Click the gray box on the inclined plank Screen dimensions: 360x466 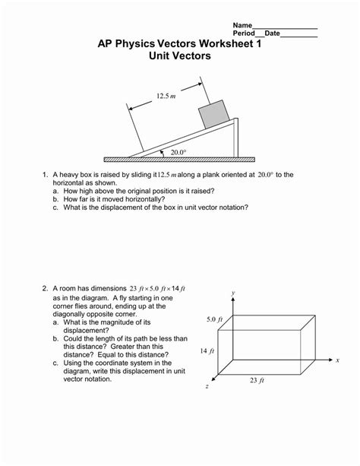[214, 115]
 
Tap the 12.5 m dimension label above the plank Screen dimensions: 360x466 [166, 96]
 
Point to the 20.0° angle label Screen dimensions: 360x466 [178, 153]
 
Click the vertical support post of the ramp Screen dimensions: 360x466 [236, 138]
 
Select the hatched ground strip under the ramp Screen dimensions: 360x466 [179, 160]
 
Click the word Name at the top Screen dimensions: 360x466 [242, 25]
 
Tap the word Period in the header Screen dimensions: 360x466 [244, 33]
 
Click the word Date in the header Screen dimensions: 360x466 [273, 33]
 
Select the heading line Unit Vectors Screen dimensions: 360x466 [180, 55]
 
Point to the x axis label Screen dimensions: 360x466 [337, 360]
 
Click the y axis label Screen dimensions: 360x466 [233, 293]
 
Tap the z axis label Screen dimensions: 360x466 [207, 386]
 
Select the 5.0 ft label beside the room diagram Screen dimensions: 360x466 [214, 319]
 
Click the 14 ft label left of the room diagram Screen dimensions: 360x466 [207, 351]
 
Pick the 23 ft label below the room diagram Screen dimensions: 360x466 [257, 380]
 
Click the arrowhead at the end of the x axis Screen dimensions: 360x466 [330, 360]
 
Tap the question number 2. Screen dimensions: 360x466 [45, 288]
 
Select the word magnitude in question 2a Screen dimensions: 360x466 [122, 322]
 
